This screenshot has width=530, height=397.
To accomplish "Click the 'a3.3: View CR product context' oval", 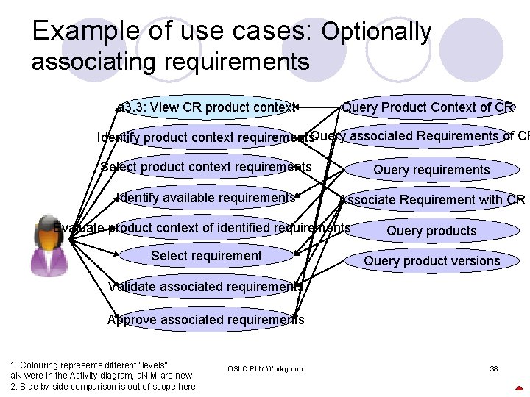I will click(x=206, y=107).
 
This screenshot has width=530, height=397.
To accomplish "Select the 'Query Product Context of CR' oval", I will click(x=427, y=107).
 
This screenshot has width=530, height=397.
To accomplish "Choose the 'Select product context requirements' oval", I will click(x=206, y=167).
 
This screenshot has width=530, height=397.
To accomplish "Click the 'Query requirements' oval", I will click(x=431, y=170).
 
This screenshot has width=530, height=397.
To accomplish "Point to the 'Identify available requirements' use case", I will click(x=206, y=197).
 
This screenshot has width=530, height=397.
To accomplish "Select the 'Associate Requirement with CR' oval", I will click(x=432, y=199).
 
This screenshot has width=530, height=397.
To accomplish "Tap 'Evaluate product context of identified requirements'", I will click(x=202, y=228).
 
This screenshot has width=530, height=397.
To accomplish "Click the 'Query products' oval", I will click(x=431, y=231).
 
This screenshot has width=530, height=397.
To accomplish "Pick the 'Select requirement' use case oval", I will click(x=206, y=256).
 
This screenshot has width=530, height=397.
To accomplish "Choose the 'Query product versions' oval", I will click(x=431, y=261).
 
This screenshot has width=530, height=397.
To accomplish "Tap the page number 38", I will click(x=494, y=368).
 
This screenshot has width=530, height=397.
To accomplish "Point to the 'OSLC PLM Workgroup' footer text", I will click(x=265, y=368).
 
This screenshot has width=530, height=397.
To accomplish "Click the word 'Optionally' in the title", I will click(x=375, y=32).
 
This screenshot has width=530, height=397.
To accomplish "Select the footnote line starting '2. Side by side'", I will click(x=103, y=387).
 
